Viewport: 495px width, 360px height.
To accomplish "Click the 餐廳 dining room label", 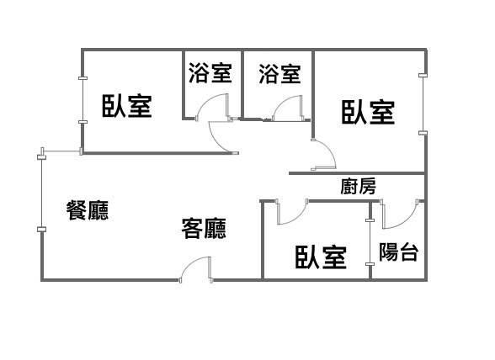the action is [x=88, y=210].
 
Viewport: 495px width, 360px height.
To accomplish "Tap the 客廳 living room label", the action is [x=204, y=228].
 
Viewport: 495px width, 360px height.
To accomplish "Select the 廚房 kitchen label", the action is [x=358, y=186].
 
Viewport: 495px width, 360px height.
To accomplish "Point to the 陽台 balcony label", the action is [x=398, y=251].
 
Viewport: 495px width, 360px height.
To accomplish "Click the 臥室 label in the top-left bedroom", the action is [x=127, y=106].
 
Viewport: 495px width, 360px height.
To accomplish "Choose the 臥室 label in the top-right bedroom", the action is [x=368, y=112].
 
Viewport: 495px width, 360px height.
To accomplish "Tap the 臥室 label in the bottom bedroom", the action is [x=321, y=257].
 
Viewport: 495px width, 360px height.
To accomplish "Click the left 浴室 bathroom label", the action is [x=210, y=73].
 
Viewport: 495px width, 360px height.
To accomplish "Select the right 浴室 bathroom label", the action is [x=279, y=74].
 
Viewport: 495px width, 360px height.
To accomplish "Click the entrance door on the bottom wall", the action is [x=195, y=269].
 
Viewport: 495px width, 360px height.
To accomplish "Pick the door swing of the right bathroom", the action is [x=288, y=109].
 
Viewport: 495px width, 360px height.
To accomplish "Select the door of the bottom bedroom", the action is [x=291, y=212].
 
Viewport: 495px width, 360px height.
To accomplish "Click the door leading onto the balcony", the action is [x=400, y=214].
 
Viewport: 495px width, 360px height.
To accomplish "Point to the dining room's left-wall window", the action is [x=41, y=193].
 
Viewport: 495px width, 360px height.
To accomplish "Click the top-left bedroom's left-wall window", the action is [x=82, y=100].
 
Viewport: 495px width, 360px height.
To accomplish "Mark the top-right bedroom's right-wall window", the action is [x=423, y=104].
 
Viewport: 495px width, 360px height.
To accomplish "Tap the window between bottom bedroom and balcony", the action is [x=370, y=242].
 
